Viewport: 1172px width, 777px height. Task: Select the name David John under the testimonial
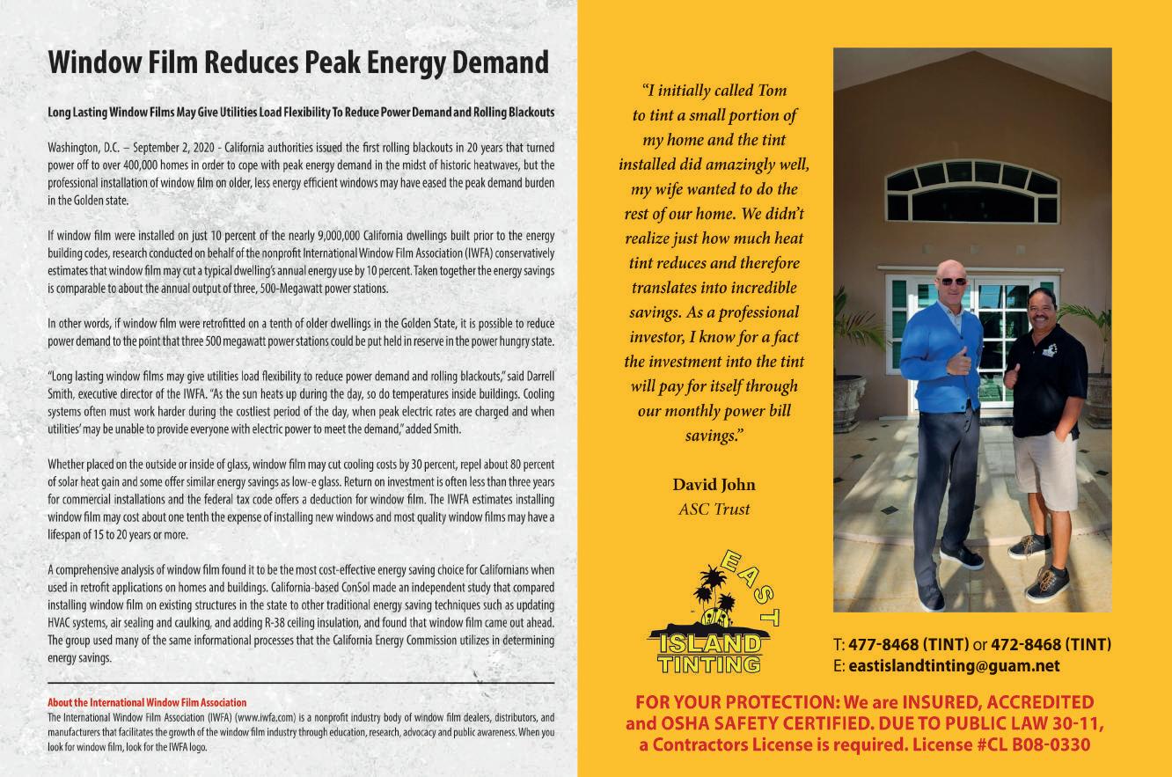click(x=714, y=485)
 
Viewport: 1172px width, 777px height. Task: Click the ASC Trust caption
click(x=714, y=509)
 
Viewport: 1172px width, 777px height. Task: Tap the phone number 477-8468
click(x=881, y=645)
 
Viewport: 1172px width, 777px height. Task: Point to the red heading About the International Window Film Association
click(x=147, y=703)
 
